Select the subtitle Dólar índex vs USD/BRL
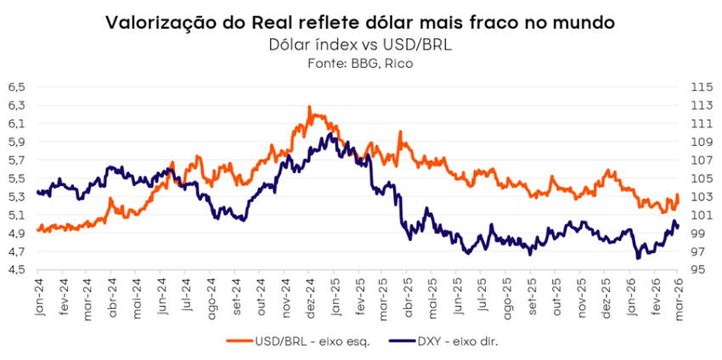click(362, 45)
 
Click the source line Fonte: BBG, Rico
click(362, 64)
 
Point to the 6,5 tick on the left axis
click(17, 87)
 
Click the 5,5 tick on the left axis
click(17, 178)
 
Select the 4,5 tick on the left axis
click(17, 270)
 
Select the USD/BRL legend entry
click(302, 340)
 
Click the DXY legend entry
click(454, 340)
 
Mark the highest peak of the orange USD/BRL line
click(310, 107)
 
